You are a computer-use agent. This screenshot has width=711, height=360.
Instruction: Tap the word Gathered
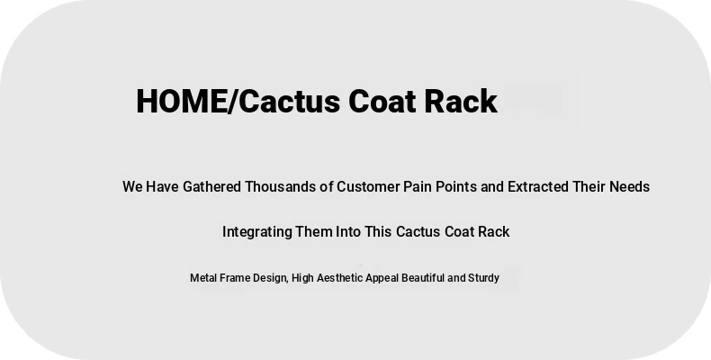[x=211, y=187]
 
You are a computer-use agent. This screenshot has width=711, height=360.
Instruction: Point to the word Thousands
[x=280, y=187]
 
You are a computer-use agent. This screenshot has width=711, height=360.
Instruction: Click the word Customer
[x=368, y=187]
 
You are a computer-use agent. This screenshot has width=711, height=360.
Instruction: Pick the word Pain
[x=418, y=187]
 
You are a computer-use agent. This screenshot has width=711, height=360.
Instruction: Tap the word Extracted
[x=538, y=187]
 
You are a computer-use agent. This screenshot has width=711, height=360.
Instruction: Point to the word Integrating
[x=257, y=232]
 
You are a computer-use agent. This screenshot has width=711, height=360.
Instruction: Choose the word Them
[x=314, y=231]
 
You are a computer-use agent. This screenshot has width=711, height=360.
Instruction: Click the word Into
[x=348, y=231]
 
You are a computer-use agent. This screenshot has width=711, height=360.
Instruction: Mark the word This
[x=378, y=231]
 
